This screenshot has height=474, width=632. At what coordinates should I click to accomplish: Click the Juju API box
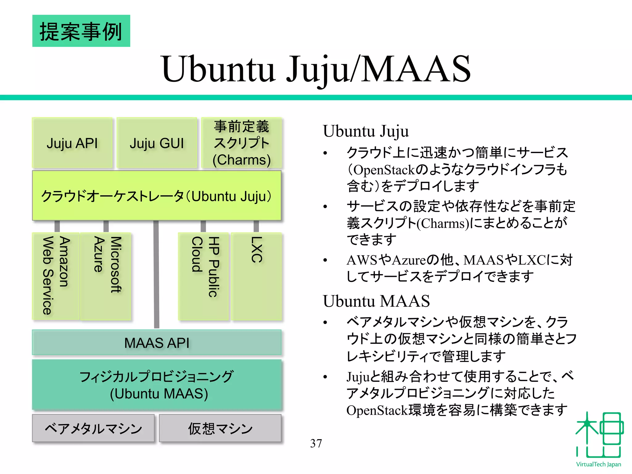coord(72,143)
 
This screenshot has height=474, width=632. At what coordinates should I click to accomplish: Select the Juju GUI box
coord(157,143)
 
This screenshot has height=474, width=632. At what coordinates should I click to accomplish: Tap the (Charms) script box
coord(241,143)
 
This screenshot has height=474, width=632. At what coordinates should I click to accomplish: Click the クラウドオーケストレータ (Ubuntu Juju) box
coord(157,196)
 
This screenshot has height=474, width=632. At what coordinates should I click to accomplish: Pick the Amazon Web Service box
coord(56,276)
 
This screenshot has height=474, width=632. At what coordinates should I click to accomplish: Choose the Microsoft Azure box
coord(106,276)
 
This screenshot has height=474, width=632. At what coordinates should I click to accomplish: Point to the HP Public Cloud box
coord(204,276)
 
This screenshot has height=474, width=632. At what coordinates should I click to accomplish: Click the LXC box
coord(256,276)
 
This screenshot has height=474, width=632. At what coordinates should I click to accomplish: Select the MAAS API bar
coord(157,343)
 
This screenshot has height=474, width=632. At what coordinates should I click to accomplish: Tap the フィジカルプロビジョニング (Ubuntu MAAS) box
coord(157,385)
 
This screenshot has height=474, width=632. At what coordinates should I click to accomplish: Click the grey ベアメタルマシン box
coord(93,428)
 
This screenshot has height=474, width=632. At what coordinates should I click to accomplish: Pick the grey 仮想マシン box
coord(220,428)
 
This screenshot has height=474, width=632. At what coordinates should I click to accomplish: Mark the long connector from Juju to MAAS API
coord(156,275)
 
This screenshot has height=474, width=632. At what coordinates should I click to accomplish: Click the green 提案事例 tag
coord(81,31)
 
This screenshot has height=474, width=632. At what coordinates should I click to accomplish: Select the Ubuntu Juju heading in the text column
coord(366,131)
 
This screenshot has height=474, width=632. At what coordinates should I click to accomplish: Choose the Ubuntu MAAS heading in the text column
coord(376,301)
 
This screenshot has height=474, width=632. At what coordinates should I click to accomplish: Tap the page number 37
coord(316,443)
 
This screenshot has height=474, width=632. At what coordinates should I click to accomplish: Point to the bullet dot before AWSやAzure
coord(325,260)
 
